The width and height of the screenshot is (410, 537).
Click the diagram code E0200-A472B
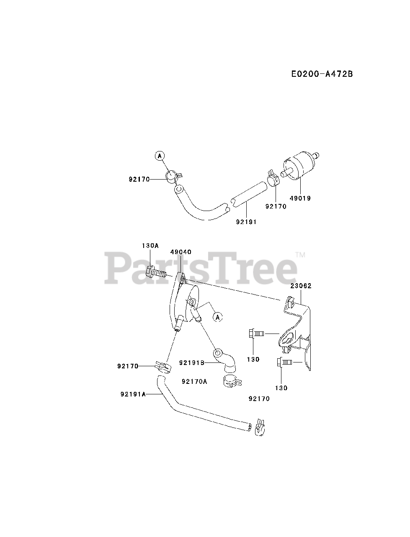pos(322,74)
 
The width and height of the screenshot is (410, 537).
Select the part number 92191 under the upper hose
pos(246,222)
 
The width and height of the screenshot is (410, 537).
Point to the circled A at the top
pos(159,156)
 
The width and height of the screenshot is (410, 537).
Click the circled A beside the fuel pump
pos(217,317)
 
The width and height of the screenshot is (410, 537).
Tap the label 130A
pos(150,246)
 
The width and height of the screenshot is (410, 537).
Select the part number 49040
pos(181,252)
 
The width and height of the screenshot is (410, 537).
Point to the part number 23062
pos(301,286)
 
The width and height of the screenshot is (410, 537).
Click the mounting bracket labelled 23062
pos(297,331)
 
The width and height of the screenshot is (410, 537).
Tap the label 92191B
pos(191,362)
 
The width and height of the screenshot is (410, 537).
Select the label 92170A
pos(194,381)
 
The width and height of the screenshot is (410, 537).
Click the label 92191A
pos(133,394)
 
